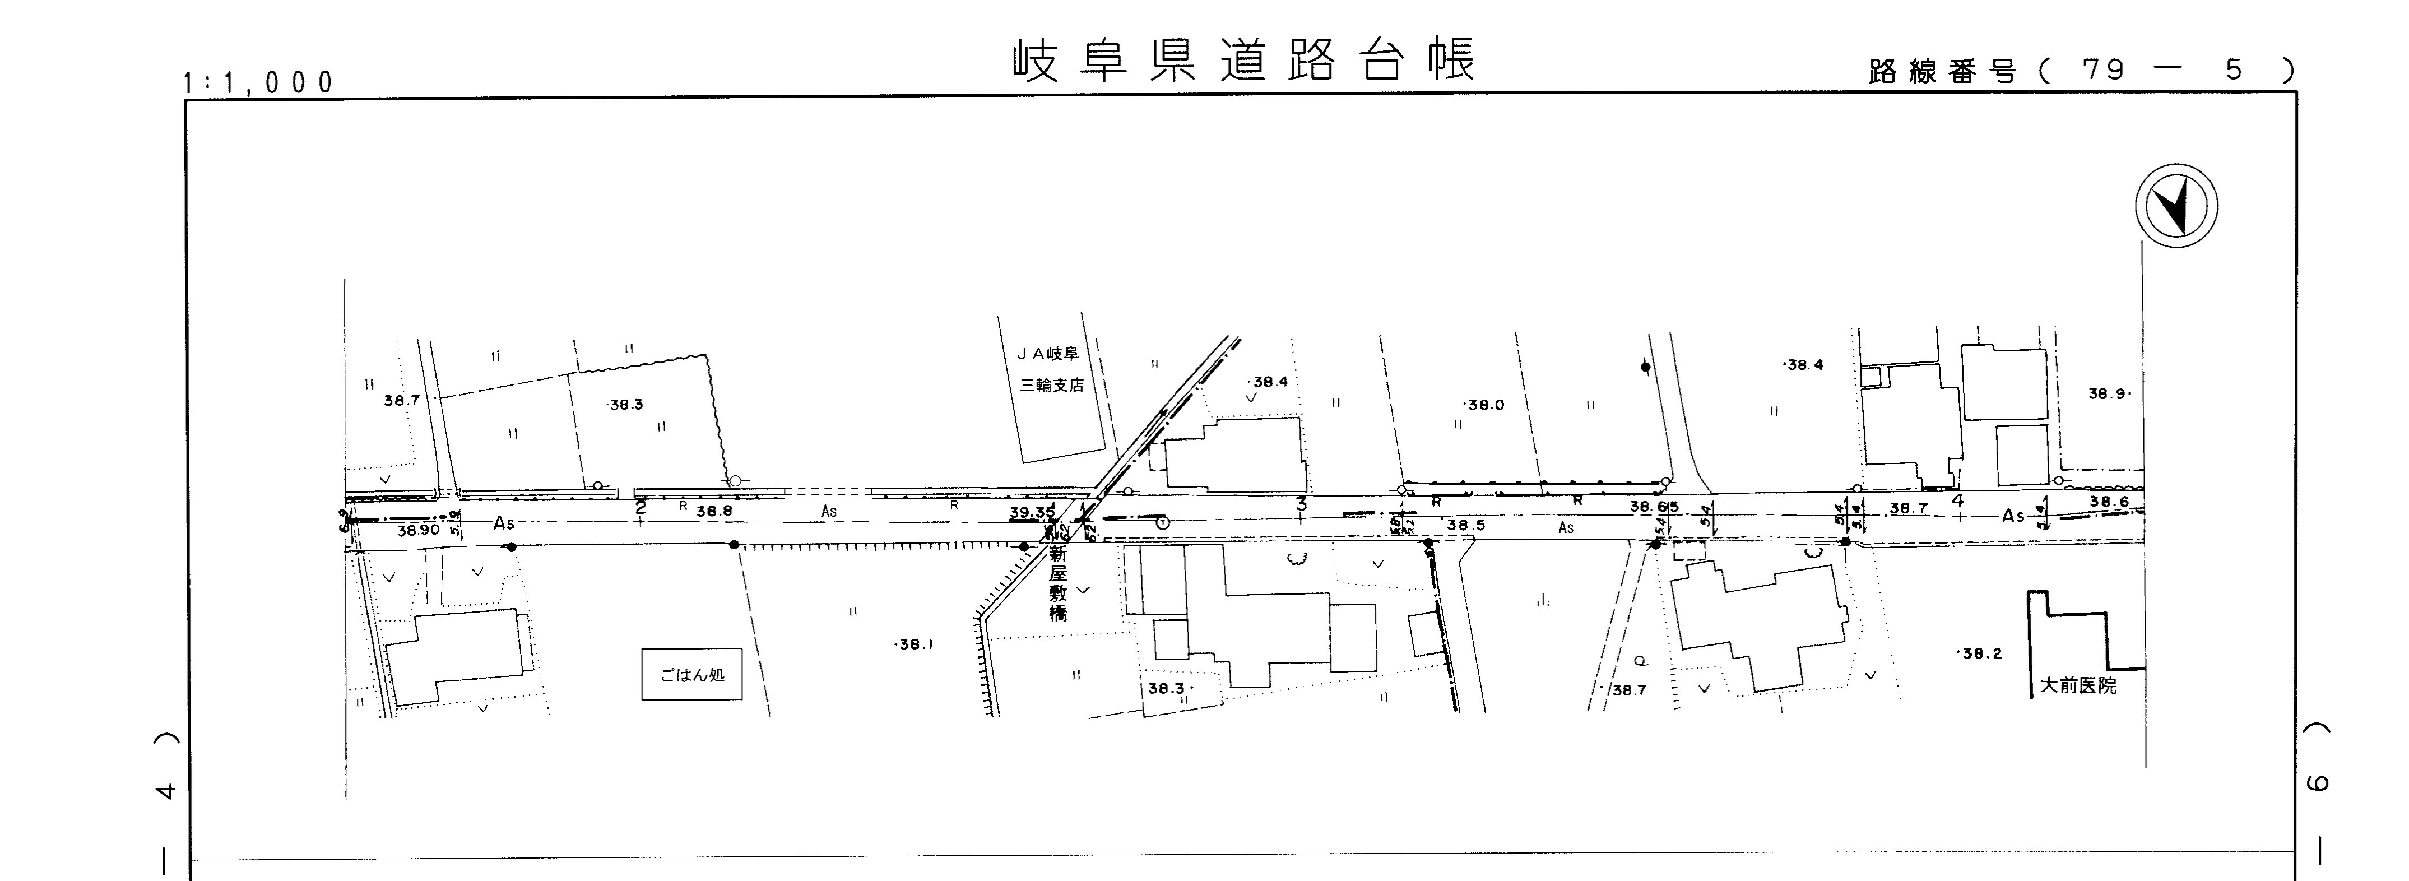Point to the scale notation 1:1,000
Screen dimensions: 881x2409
coord(258,84)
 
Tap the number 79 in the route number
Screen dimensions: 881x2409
coord(2104,70)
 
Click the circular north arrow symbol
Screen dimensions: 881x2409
coord(2176,206)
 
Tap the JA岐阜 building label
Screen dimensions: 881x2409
coord(1048,354)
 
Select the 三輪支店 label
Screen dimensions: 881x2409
coord(1052,384)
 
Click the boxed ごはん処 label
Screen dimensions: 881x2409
coord(692,674)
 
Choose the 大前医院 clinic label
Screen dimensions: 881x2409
coord(2078,685)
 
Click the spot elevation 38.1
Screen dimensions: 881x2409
coord(915,644)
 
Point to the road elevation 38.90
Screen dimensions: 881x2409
coord(418,530)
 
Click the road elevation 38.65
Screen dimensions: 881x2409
coord(1654,506)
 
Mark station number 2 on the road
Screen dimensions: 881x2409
coord(640,508)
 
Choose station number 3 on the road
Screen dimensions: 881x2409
coord(1301,504)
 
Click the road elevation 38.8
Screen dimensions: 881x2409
coord(714,512)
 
